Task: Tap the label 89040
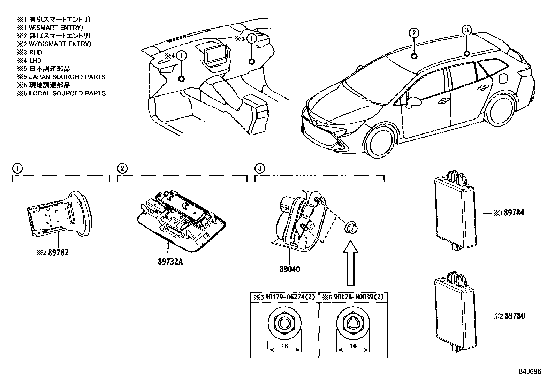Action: pyautogui.click(x=289, y=269)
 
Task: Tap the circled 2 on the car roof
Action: pyautogui.click(x=413, y=33)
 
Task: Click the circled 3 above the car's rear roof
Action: pyautogui.click(x=467, y=31)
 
